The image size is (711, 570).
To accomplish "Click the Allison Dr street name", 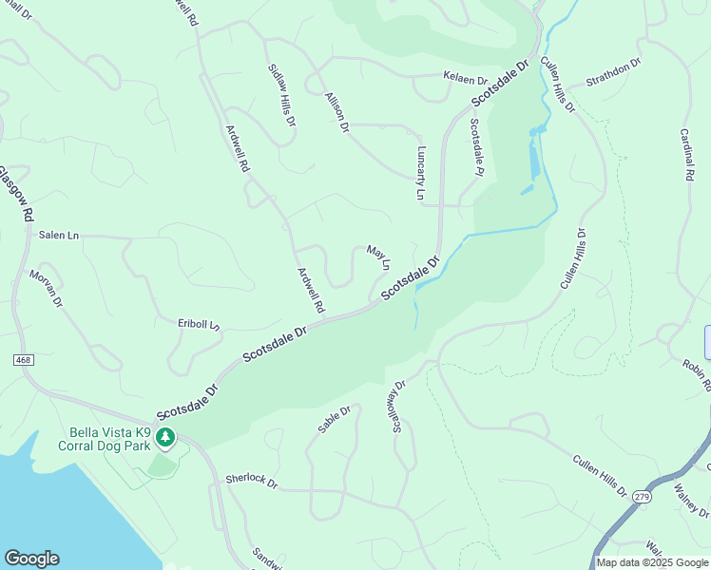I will pos(337,111).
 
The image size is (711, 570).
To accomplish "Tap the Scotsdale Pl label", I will pos(476,147).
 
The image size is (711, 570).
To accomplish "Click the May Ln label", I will pos(378,257).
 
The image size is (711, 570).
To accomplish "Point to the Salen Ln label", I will pos(59,235).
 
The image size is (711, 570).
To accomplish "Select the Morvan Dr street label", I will pos(46,289).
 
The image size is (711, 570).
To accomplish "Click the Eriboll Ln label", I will pos(199,324).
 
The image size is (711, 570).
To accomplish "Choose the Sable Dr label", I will pos(335,419).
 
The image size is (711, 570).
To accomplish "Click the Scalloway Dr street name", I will pos(397,404).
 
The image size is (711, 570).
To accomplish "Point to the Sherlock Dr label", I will pos(252,482).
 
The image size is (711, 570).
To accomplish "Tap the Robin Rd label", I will pos(697,374).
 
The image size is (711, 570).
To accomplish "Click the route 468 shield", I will pos(23,361).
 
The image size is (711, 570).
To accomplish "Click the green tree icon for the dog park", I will pos(166,437).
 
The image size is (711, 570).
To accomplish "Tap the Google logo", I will pos(31,559).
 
